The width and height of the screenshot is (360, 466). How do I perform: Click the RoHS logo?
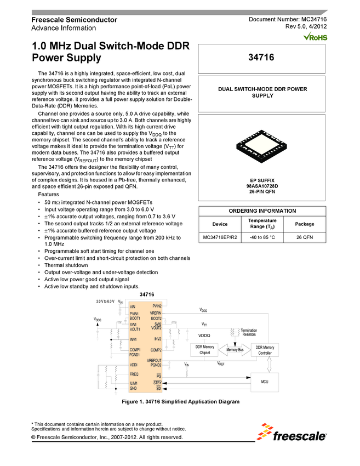(x=315, y=37)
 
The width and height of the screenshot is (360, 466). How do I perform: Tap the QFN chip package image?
(x=262, y=143)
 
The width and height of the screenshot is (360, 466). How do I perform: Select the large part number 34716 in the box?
(x=262, y=57)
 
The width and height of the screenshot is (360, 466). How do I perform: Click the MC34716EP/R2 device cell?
(x=220, y=237)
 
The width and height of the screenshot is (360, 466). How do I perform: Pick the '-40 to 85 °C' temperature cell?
(x=260, y=237)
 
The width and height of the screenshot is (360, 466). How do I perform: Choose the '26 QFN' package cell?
(x=304, y=237)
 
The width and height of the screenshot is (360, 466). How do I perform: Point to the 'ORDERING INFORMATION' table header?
(x=262, y=211)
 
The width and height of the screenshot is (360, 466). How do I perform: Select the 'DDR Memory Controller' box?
(x=265, y=350)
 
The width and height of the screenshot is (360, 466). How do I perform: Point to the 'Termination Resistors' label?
(x=249, y=332)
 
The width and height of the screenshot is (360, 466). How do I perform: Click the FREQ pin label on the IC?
(x=134, y=373)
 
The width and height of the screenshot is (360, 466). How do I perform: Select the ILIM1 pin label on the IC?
(x=134, y=383)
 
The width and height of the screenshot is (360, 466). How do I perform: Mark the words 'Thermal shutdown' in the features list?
(x=65, y=265)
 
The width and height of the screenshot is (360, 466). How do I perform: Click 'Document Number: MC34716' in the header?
(x=288, y=20)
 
